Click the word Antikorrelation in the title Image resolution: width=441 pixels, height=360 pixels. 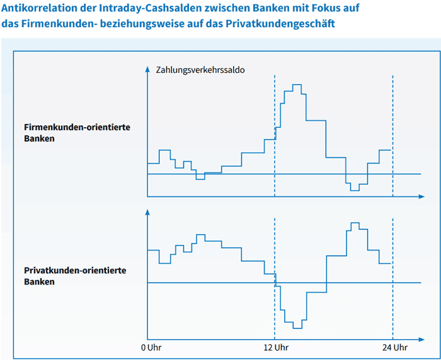point(35,9)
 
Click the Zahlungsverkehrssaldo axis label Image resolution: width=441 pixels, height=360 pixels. point(200,69)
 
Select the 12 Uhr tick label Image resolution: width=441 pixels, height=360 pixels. point(275,347)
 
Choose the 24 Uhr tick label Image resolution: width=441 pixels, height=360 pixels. point(394,347)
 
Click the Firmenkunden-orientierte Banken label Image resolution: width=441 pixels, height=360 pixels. point(77,133)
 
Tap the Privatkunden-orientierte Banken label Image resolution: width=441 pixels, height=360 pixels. point(75,276)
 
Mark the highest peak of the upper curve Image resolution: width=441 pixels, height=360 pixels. point(296,84)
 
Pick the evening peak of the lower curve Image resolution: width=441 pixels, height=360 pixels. point(355,223)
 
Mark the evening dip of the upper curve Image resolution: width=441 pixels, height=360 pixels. point(355,189)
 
